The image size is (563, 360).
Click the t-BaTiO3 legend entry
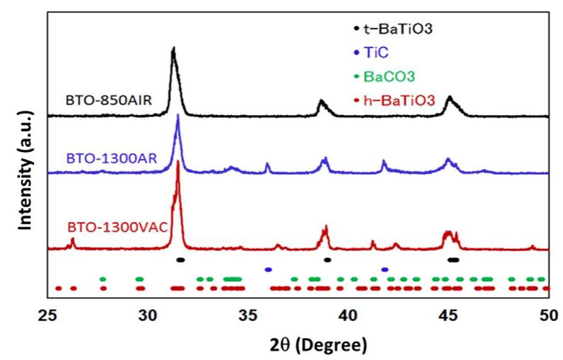point(394,27)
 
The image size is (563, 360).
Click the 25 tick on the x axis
point(47,314)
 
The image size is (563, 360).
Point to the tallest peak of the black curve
point(173,49)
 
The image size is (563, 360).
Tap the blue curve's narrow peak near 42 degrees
point(384,162)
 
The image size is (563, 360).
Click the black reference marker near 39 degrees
point(328,260)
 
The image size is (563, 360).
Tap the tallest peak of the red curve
point(178,161)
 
